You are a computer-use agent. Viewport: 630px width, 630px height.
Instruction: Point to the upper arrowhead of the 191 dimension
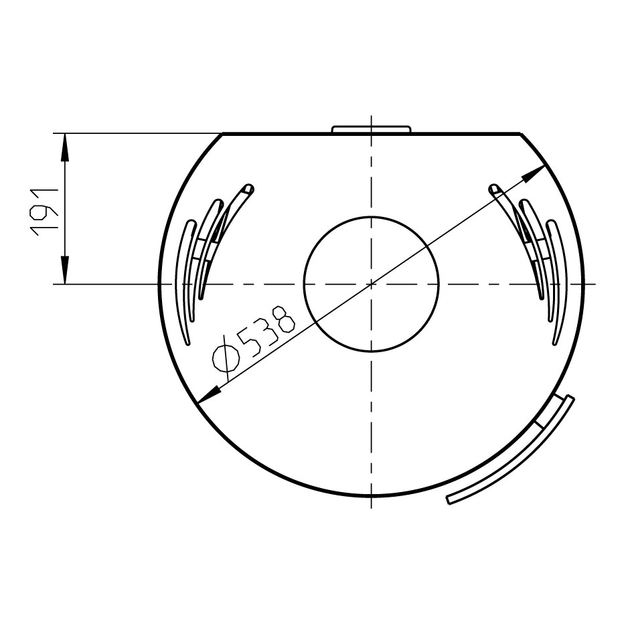tap(65, 145)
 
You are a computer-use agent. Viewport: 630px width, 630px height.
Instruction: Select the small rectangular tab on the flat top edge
tap(372, 129)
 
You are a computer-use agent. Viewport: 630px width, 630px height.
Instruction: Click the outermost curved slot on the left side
tap(185, 281)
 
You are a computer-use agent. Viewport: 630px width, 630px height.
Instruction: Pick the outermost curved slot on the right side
tap(558, 281)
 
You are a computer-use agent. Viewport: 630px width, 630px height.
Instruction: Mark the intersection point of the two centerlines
tap(372, 285)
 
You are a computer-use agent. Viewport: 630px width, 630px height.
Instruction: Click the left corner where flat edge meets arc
tap(222, 134)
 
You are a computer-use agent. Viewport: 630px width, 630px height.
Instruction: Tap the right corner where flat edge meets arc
tap(521, 134)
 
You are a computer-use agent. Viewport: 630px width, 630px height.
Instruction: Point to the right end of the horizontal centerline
tap(595, 285)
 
